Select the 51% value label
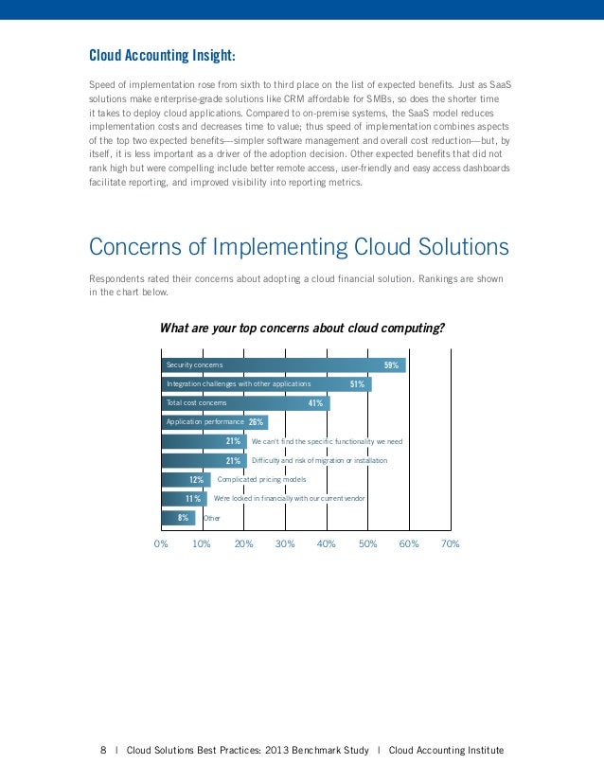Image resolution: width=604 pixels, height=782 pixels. tap(357, 384)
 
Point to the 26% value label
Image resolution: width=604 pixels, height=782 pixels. tap(256, 422)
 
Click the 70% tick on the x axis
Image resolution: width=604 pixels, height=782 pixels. tap(451, 544)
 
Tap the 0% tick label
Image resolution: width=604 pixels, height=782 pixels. tap(161, 544)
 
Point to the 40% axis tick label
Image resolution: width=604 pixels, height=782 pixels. tap(327, 544)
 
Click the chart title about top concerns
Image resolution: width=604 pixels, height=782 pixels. tap(302, 329)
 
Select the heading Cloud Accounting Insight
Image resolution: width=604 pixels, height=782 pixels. tap(162, 54)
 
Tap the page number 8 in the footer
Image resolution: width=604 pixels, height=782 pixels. tap(103, 751)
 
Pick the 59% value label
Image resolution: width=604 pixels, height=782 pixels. tap(391, 365)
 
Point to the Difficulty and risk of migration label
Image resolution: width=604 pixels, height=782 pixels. tap(319, 461)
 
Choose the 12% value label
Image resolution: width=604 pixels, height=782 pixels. tap(197, 480)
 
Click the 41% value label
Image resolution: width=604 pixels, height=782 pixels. tap(315, 403)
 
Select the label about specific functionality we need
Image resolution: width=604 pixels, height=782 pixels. tap(327, 442)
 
